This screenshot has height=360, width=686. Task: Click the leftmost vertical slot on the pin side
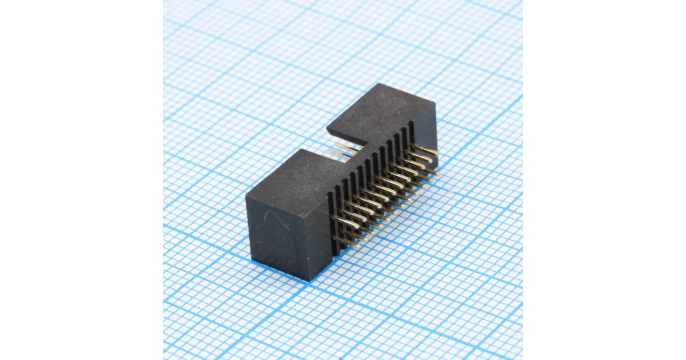[330, 223]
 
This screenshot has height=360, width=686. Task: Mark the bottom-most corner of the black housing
[309, 280]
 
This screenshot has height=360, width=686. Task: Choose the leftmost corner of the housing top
[246, 197]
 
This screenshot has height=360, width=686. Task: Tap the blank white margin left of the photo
[80, 180]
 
